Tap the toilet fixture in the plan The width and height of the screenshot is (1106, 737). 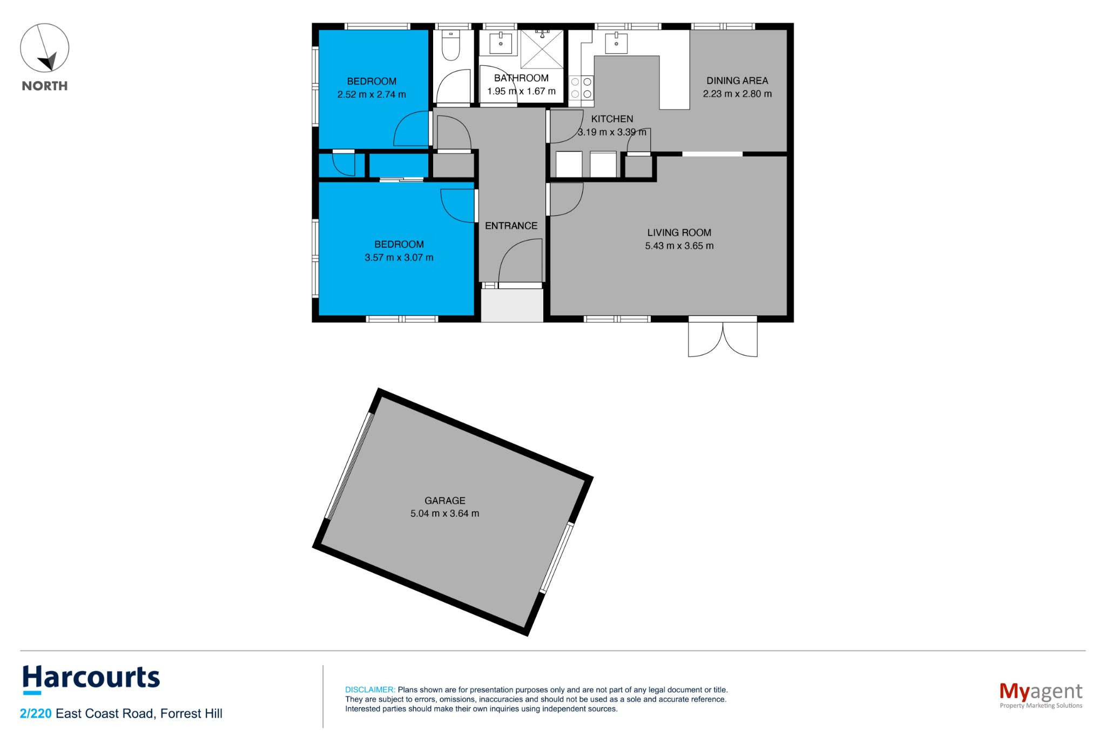pos(450,45)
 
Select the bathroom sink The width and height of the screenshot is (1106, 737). pos(501,43)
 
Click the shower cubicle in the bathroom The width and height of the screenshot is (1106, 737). pos(542,49)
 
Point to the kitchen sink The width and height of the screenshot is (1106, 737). pos(616,43)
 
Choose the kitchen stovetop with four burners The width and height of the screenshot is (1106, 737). pos(581,88)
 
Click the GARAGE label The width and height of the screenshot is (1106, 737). pos(445,501)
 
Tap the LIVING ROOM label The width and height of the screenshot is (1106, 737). pos(679,233)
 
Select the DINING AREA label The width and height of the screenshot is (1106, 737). pos(737,80)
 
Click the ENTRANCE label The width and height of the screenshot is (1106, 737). pos(511,226)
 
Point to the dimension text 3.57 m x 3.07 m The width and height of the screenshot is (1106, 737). pos(399,258)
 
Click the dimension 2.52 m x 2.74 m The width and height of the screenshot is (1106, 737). pos(372,94)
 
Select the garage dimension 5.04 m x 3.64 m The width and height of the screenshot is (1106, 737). pos(445,513)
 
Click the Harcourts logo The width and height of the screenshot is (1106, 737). pos(91,679)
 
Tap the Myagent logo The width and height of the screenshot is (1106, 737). pos(1041,694)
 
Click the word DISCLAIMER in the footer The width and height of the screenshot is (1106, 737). pos(370,689)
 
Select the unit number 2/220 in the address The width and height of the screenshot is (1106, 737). pos(36,714)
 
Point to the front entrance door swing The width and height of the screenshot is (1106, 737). pos(520,261)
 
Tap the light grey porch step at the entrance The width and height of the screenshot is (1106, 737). pos(512,306)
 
